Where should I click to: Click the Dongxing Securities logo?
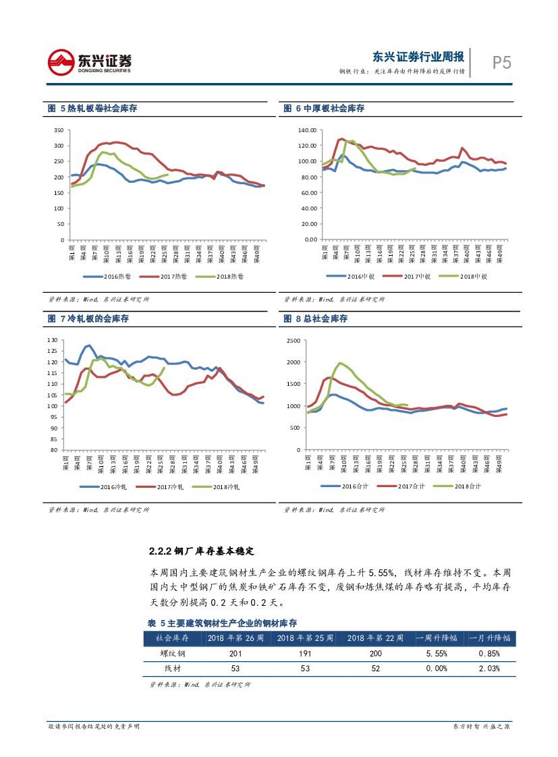click(89, 63)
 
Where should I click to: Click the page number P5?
click(501, 63)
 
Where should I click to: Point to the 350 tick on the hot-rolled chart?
click(58, 130)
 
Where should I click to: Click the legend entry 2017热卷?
click(163, 277)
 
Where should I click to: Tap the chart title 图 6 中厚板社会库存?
click(324, 108)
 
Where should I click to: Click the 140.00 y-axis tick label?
click(307, 130)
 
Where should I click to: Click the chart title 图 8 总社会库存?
click(315, 318)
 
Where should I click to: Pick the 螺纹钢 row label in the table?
click(172, 653)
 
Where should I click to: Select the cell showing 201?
click(235, 653)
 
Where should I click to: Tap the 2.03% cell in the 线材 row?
click(489, 669)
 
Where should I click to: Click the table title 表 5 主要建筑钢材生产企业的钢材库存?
click(222, 623)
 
